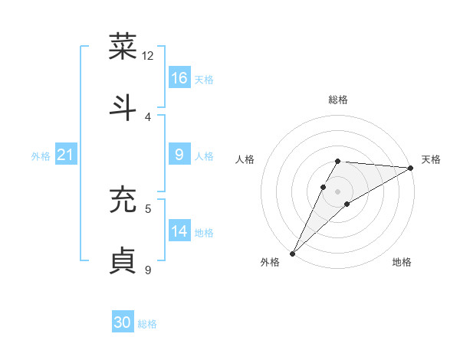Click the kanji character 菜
tap(123, 47)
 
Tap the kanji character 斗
tap(123, 106)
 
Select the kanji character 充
tap(123, 199)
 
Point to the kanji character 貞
tap(123, 260)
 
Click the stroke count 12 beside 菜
tap(148, 56)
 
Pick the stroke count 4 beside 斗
tap(148, 116)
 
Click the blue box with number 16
tap(179, 78)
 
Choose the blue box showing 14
tap(179, 231)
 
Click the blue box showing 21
tap(66, 155)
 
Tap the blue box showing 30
tap(123, 322)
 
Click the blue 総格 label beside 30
tap(147, 324)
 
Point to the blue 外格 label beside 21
tap(41, 156)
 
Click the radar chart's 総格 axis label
tap(338, 100)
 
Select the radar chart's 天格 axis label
tap(431, 159)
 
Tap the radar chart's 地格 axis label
tap(402, 263)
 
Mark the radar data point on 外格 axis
tap(292, 254)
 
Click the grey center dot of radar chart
tap(338, 191)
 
